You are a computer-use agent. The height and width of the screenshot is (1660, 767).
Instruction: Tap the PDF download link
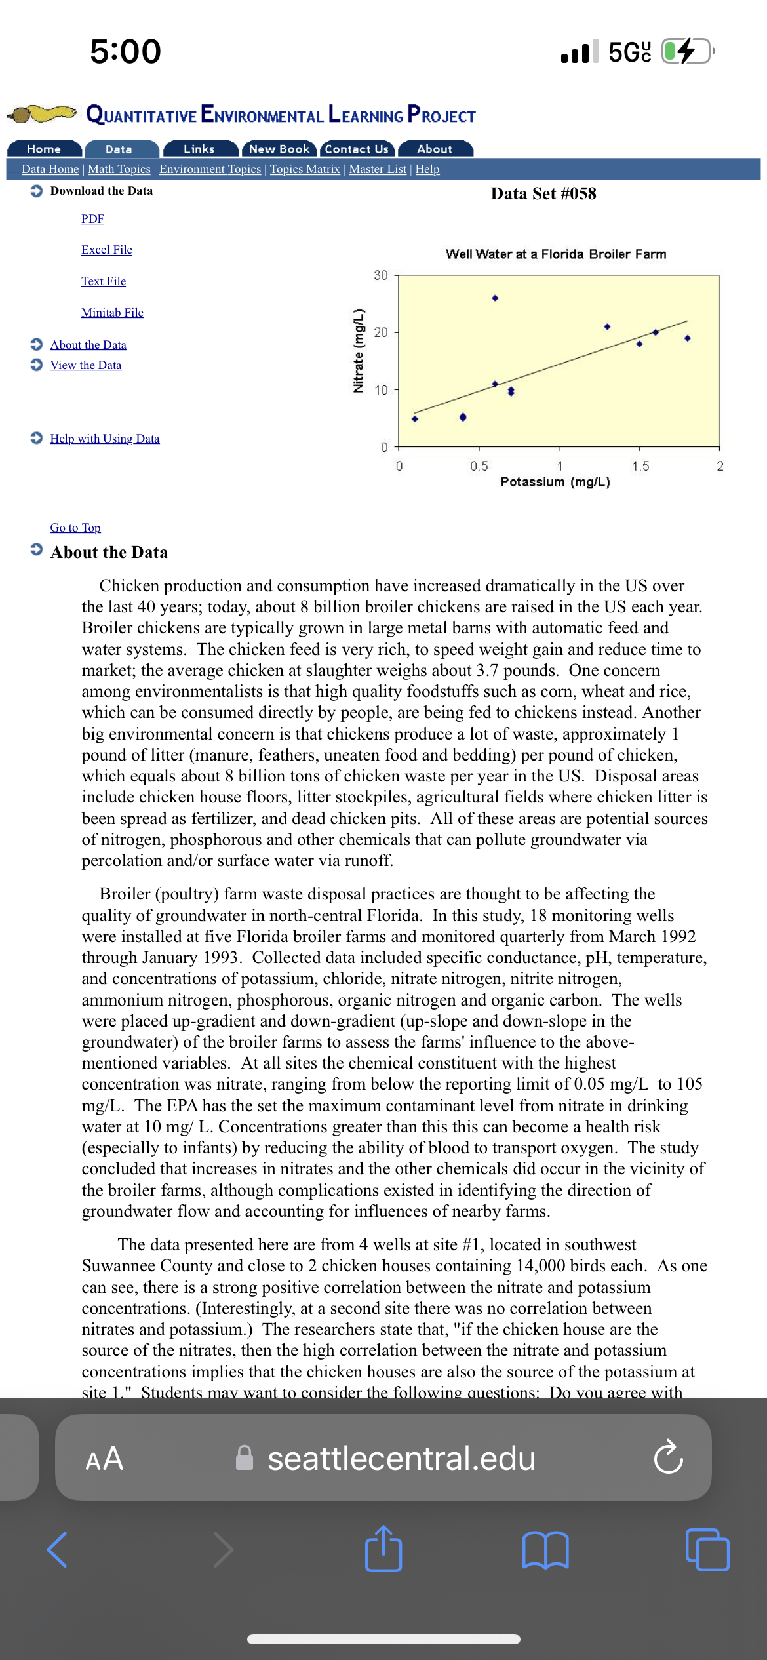pyautogui.click(x=92, y=219)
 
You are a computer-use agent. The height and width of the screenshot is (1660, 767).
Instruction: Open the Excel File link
pyautogui.click(x=107, y=250)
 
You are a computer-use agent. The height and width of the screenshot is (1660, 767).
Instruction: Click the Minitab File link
pyautogui.click(x=112, y=313)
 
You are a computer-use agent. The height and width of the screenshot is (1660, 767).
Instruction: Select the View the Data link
pyautogui.click(x=86, y=365)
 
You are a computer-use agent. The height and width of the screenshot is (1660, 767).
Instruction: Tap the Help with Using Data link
pyautogui.click(x=105, y=439)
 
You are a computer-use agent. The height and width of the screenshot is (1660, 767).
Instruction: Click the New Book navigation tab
pyautogui.click(x=279, y=149)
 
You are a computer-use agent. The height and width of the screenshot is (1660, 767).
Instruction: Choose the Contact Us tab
pyautogui.click(x=357, y=149)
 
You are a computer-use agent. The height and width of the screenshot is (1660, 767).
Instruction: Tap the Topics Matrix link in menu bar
pyautogui.click(x=305, y=169)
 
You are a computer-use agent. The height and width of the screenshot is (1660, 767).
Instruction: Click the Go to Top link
pyautogui.click(x=75, y=528)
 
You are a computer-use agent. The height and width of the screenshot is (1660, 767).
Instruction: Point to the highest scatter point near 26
pyautogui.click(x=495, y=298)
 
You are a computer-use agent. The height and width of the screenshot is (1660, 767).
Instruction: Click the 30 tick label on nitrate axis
pyautogui.click(x=381, y=275)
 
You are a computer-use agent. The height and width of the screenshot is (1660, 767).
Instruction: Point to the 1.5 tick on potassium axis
pyautogui.click(x=640, y=466)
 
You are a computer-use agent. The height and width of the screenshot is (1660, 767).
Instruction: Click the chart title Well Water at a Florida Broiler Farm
pyautogui.click(x=556, y=254)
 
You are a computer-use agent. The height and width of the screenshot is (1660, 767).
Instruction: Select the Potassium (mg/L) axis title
pyautogui.click(x=555, y=482)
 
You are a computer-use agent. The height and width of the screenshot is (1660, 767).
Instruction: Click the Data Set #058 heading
pyautogui.click(x=543, y=194)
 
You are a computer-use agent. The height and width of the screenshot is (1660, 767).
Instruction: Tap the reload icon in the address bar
pyautogui.click(x=668, y=1457)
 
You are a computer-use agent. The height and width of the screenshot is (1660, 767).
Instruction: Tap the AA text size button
pyautogui.click(x=104, y=1458)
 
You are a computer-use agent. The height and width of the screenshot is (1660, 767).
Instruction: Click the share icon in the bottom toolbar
pyautogui.click(x=383, y=1549)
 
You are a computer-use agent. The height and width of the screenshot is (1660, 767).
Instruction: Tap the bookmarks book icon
pyautogui.click(x=545, y=1550)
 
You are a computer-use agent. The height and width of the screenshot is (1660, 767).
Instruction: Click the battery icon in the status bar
pyautogui.click(x=687, y=51)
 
